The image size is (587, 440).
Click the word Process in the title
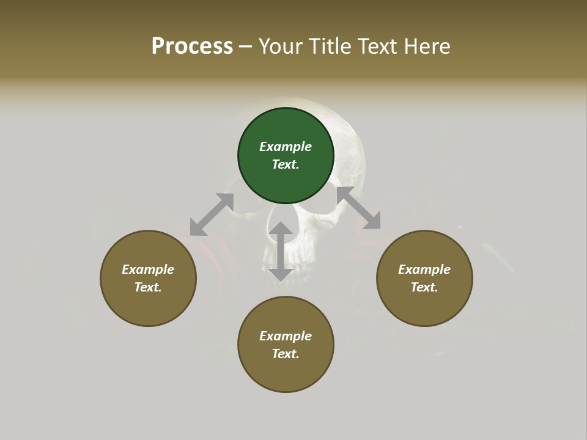(x=192, y=46)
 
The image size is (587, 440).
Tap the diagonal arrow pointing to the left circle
(x=212, y=215)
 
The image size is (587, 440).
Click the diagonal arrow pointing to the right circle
(x=359, y=208)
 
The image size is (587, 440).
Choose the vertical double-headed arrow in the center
(x=281, y=251)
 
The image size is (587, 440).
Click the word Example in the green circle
(x=286, y=147)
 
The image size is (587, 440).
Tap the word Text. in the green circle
(x=286, y=164)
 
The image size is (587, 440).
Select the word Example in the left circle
(x=148, y=269)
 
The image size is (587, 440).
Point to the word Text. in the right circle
(x=424, y=287)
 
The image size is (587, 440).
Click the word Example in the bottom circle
(x=286, y=336)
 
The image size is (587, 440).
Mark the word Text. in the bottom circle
(x=286, y=354)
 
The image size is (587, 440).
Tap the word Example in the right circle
(x=424, y=269)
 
